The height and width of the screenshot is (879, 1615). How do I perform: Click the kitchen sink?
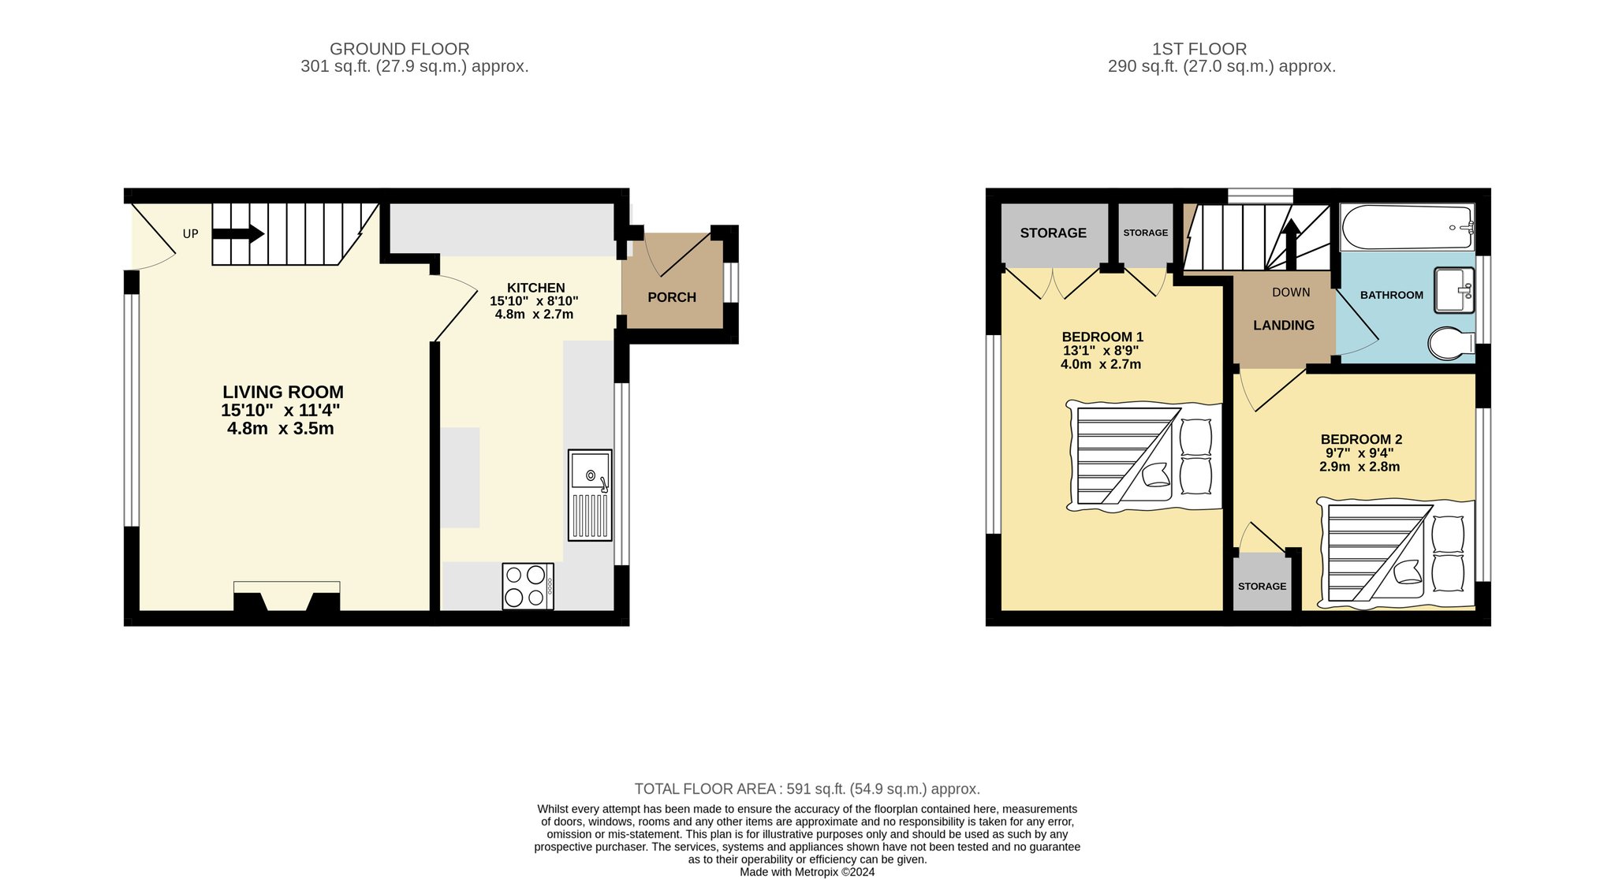(590, 495)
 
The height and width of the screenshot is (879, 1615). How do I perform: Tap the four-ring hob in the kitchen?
(528, 586)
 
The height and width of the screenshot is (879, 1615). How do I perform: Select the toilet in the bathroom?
(1452, 343)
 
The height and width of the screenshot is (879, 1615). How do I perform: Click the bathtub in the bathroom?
(1408, 227)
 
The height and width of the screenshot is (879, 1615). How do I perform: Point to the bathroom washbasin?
(1454, 290)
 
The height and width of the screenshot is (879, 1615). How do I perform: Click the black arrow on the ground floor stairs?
(238, 233)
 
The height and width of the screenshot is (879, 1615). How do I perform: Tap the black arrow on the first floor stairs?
(1291, 244)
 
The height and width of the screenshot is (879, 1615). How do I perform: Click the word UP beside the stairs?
(191, 234)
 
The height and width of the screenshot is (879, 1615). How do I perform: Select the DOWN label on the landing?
(1291, 292)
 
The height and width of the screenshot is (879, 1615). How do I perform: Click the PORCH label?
(672, 297)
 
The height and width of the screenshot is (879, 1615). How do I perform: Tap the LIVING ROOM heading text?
(283, 392)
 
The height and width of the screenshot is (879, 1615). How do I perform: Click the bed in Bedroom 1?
(1143, 456)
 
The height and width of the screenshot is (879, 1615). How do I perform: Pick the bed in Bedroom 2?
(1396, 553)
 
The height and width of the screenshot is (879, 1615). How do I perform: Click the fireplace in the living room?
(287, 596)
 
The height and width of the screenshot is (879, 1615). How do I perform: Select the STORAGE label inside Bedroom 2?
(1262, 587)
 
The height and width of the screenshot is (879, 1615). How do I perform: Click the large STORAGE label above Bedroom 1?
(1053, 233)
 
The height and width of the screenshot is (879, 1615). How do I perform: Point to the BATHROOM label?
(1392, 295)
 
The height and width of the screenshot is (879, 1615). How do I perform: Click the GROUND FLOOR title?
(400, 49)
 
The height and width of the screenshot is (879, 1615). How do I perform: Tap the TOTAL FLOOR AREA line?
(807, 789)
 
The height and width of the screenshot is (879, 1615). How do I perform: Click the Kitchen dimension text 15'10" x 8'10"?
(534, 301)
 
